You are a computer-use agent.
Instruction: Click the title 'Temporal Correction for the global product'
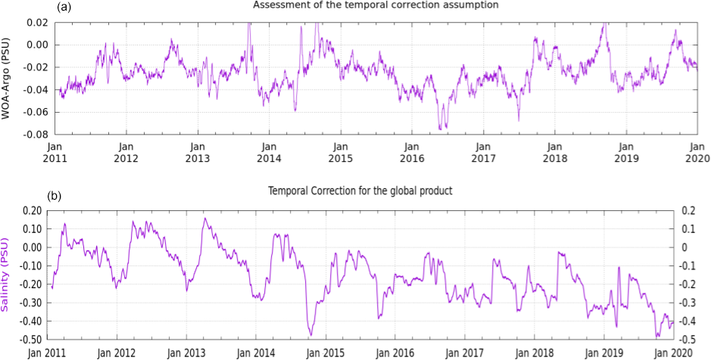click(x=360, y=191)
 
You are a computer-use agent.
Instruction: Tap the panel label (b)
click(x=55, y=196)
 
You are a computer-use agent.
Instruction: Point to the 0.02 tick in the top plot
click(x=38, y=23)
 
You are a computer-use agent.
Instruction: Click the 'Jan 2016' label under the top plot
click(x=411, y=154)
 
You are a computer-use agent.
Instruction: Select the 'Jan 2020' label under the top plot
click(x=697, y=154)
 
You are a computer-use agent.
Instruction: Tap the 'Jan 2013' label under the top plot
click(x=197, y=154)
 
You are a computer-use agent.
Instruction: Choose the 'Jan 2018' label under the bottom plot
click(x=535, y=352)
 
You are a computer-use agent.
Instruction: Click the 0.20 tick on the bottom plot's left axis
click(x=32, y=210)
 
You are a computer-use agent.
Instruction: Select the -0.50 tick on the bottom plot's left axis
click(x=30, y=339)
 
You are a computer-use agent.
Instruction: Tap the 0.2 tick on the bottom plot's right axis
click(x=688, y=210)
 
